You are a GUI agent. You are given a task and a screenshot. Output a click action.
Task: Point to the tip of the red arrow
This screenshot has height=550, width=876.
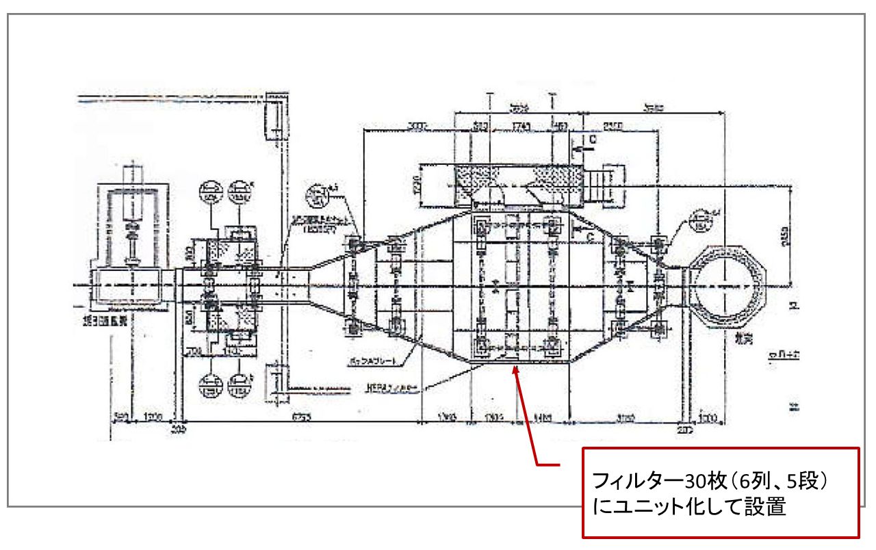pos(515,368)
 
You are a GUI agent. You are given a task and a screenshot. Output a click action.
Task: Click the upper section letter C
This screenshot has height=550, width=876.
pos(593,139)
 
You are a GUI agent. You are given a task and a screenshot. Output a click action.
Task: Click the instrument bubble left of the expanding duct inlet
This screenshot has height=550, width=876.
pos(318,195)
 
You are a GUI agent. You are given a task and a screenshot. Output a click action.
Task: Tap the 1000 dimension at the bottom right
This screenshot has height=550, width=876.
pos(707,415)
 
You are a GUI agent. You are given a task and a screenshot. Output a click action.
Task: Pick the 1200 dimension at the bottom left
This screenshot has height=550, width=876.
pos(151,415)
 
